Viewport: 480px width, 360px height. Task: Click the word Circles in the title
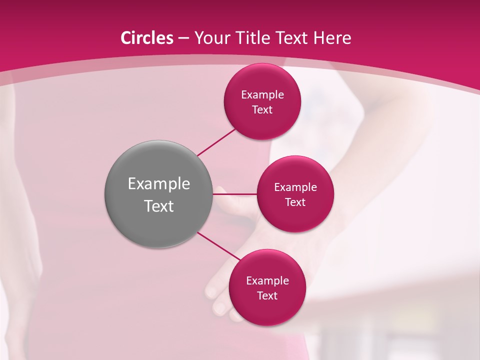coord(146,38)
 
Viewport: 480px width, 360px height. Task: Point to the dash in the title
coord(183,38)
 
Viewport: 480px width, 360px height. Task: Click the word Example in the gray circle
coord(159,184)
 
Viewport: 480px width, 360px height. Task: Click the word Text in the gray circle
coord(159,206)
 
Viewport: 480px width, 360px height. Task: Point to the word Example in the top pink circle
coord(262,95)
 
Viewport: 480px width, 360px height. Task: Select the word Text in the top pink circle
coord(262,110)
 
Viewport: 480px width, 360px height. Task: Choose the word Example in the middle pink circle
coord(295,187)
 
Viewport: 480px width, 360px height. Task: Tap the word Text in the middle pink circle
coord(295,202)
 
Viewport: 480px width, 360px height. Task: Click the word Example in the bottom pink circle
coord(267,281)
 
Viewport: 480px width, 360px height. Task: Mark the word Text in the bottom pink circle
coord(267,296)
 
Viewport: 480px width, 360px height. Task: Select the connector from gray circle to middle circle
coord(234,194)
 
